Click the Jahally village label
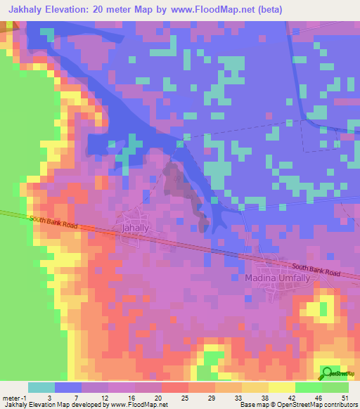tap(136, 229)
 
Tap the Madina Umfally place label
tap(276, 278)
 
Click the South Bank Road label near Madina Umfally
tap(316, 270)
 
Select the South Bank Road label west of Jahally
tap(52, 223)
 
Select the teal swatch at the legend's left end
tap(41, 387)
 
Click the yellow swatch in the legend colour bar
tap(282, 387)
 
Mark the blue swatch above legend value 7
tap(68, 387)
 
